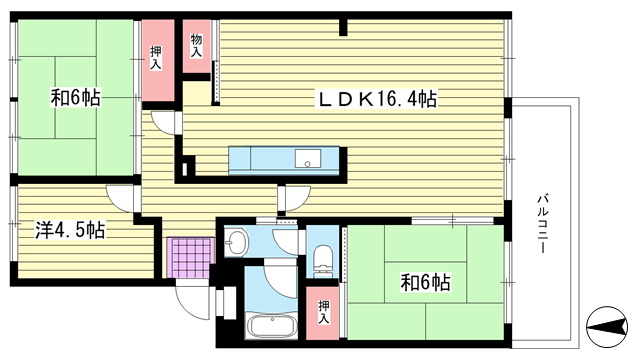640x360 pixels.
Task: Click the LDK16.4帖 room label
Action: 378,99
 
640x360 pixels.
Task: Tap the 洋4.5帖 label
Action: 70,230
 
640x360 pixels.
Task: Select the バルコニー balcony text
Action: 542,224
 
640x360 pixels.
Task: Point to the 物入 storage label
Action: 196,45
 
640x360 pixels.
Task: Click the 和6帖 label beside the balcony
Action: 426,282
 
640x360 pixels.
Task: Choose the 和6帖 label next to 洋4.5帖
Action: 76,98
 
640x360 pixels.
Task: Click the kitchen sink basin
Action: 308,158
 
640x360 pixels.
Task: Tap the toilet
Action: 323,259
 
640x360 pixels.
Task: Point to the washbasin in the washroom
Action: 235,242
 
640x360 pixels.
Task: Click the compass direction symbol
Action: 607,327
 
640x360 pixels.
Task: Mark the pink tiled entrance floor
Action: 190,258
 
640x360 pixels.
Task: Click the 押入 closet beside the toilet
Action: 322,313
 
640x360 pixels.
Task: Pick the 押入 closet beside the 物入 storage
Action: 158,60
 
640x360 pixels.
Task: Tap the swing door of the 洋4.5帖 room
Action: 119,199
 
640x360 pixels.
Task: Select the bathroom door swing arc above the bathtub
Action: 280,282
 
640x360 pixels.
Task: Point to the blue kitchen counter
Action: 284,160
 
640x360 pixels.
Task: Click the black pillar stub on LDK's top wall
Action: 343,27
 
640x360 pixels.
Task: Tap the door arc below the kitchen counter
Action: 299,199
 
